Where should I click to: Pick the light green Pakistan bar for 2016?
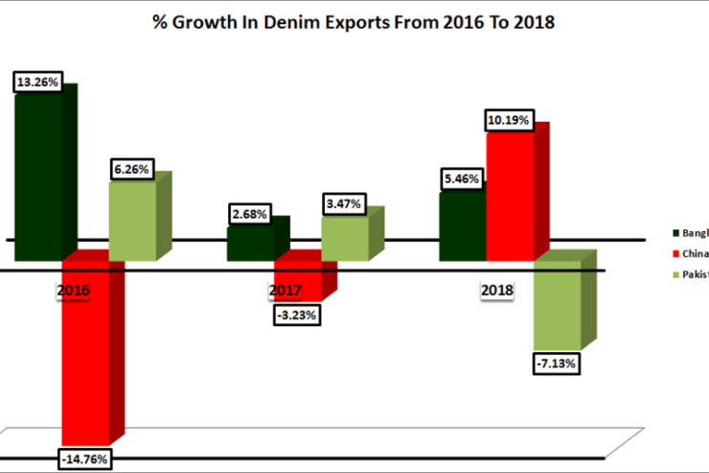pyautogui.click(x=132, y=221)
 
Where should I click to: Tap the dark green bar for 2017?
pyautogui.click(x=250, y=244)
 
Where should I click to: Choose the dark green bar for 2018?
pyautogui.click(x=462, y=226)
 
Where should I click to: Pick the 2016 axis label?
pyautogui.click(x=73, y=289)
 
